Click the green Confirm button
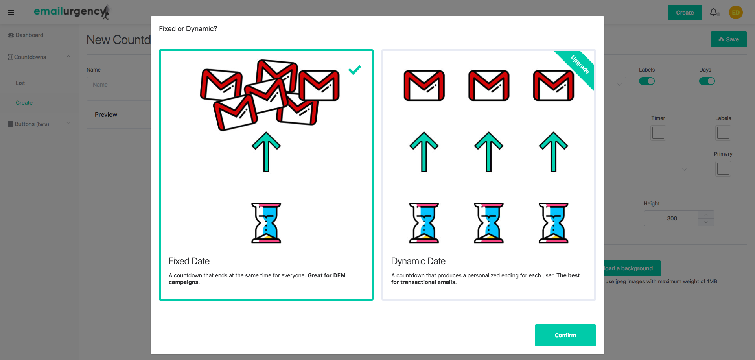point(565,335)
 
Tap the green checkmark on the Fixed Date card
point(354,70)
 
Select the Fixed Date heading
point(189,261)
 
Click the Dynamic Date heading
point(418,261)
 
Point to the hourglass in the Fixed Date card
point(266,223)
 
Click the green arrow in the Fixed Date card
point(266,152)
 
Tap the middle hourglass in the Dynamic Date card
point(489,223)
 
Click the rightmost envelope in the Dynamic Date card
point(554,85)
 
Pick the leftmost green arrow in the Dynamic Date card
point(424,152)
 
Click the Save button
point(729,39)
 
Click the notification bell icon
point(714,12)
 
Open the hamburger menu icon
point(11,12)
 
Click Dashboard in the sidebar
point(26,35)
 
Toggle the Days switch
point(707,81)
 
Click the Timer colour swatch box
point(658,133)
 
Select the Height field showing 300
point(671,218)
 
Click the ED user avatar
point(736,12)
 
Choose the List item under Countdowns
point(20,83)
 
